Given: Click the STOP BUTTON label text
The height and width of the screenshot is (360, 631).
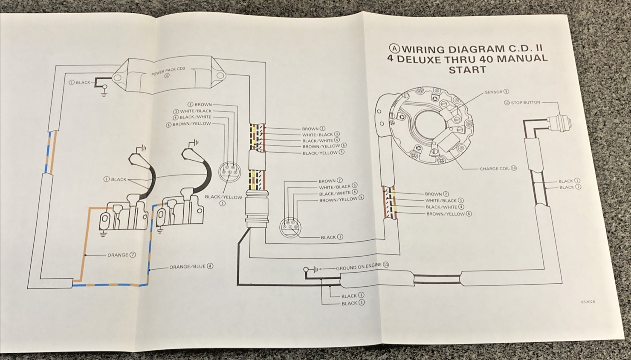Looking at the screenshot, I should click(x=525, y=103).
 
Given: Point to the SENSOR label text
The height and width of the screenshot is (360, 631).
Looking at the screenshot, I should click(x=494, y=92).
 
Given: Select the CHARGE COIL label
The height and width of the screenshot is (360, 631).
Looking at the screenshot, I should click(x=495, y=169).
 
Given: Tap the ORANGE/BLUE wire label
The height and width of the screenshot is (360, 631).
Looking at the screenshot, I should click(x=188, y=267).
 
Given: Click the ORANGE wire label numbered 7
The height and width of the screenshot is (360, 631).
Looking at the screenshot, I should click(x=118, y=255).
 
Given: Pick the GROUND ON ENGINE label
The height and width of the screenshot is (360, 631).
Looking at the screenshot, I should click(x=359, y=267).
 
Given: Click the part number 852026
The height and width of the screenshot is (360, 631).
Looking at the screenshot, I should click(x=588, y=302).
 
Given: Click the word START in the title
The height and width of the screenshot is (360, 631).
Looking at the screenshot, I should click(x=467, y=69).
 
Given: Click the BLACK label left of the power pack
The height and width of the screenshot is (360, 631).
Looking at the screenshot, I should click(x=83, y=83).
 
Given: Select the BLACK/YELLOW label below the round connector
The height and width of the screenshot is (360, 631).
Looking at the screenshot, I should click(x=223, y=197).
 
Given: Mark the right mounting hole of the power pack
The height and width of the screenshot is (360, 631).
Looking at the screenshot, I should click(x=220, y=76).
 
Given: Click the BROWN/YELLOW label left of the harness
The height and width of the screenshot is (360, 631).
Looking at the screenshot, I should click(x=191, y=124).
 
